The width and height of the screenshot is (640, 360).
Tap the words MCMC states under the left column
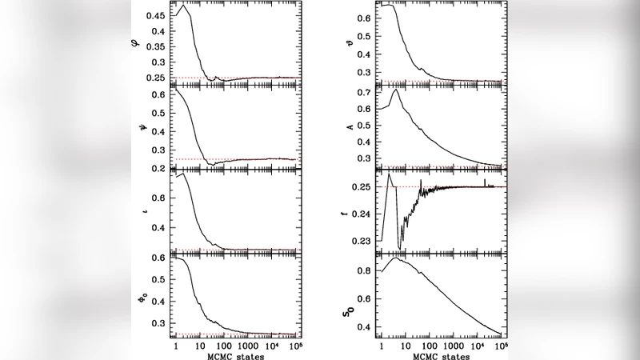235,354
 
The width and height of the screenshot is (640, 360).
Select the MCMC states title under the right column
441,354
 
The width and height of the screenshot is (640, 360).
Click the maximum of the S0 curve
394,258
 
